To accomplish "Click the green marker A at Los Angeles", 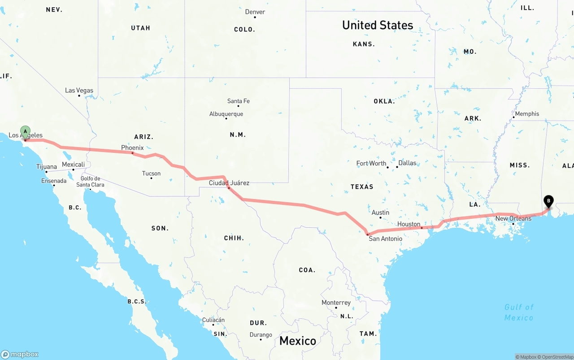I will tap(26, 132).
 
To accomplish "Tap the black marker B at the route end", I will tap(548, 201).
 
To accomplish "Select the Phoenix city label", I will tap(132, 147).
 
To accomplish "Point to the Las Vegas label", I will tap(79, 90).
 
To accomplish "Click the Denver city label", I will tap(255, 12).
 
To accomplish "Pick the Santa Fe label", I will tap(238, 101).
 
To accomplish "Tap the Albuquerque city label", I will tap(226, 114).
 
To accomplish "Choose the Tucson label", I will tap(151, 173).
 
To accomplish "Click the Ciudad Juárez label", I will tap(229, 182).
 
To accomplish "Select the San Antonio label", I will tap(385, 239).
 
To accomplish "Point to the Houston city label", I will tap(409, 224).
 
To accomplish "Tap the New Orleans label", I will tap(513, 218).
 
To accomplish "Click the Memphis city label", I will tap(527, 114).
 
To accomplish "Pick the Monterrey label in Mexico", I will tap(336, 303).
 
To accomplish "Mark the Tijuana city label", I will tap(47, 167).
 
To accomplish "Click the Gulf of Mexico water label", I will tap(519, 312).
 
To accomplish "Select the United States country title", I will tap(378, 25).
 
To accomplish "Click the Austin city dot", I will tap(380, 218).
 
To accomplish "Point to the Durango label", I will tap(261, 334).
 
